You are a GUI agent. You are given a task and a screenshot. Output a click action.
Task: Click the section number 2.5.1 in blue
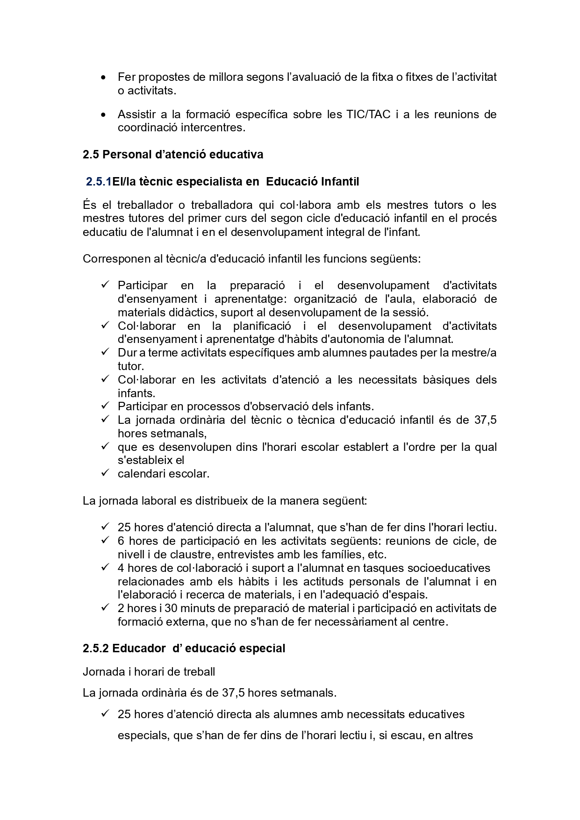[98, 182]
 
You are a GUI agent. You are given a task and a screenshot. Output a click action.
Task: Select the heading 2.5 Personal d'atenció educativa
[173, 154]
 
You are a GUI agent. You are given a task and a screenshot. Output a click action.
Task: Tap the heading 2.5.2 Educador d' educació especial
[184, 649]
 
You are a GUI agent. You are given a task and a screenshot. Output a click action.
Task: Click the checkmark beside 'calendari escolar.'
[105, 473]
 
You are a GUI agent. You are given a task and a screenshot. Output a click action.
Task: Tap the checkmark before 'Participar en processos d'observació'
[105, 406]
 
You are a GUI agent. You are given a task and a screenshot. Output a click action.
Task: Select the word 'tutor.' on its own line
[131, 366]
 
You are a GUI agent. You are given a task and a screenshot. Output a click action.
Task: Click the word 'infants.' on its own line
[136, 393]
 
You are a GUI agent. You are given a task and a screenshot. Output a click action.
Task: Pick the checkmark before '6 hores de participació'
[105, 540]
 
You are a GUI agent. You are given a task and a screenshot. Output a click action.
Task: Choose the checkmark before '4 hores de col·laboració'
[105, 567]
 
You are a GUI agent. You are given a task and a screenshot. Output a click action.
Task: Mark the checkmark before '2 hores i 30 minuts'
[105, 607]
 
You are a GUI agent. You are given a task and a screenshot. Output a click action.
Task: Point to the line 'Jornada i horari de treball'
[149, 672]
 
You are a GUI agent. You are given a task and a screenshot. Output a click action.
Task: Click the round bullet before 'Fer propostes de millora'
[103, 77]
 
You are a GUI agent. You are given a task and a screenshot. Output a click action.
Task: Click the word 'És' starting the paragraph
[89, 205]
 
